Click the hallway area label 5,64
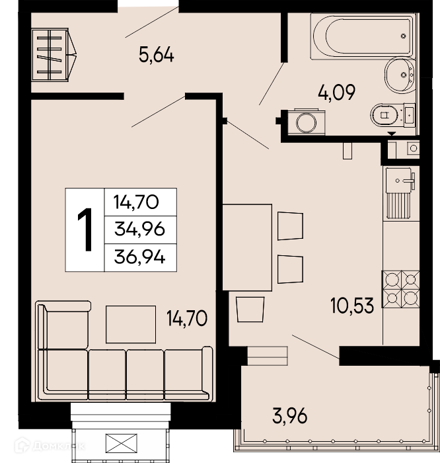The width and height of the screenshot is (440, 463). (x=157, y=55)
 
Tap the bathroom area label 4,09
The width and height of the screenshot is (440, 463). (x=336, y=93)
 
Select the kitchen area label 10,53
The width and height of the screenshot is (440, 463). (x=352, y=306)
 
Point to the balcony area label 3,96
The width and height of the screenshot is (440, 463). (x=290, y=416)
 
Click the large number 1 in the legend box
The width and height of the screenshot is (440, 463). (x=85, y=230)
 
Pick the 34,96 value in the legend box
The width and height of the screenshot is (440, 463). (x=139, y=229)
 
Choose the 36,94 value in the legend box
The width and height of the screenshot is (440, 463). (x=139, y=257)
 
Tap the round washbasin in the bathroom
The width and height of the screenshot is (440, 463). (x=400, y=75)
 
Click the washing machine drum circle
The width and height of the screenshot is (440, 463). (x=306, y=122)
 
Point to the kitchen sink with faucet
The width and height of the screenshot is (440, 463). (x=400, y=179)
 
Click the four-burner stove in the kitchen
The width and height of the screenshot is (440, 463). (x=401, y=290)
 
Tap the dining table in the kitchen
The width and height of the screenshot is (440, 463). (x=247, y=247)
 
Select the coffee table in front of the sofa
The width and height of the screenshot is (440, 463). (x=131, y=324)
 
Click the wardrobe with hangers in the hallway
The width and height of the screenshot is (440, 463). (x=54, y=55)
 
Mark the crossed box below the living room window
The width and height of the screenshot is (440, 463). (x=121, y=443)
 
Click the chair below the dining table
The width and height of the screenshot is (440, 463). (x=250, y=309)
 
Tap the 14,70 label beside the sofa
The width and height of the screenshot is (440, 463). (x=187, y=318)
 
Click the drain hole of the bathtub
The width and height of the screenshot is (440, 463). (x=403, y=36)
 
